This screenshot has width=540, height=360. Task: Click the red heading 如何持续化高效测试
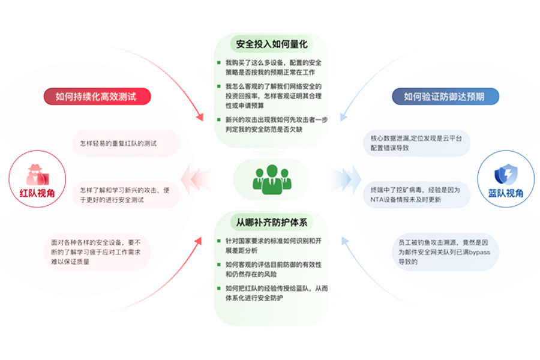(96, 96)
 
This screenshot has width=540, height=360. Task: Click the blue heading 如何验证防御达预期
(443, 96)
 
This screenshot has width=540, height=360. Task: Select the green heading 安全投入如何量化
(272, 44)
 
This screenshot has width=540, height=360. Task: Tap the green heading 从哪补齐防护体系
(272, 223)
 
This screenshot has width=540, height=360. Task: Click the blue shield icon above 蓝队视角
(505, 174)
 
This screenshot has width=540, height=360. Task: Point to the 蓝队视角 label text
(505, 193)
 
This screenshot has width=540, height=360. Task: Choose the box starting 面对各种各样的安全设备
(100, 252)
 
